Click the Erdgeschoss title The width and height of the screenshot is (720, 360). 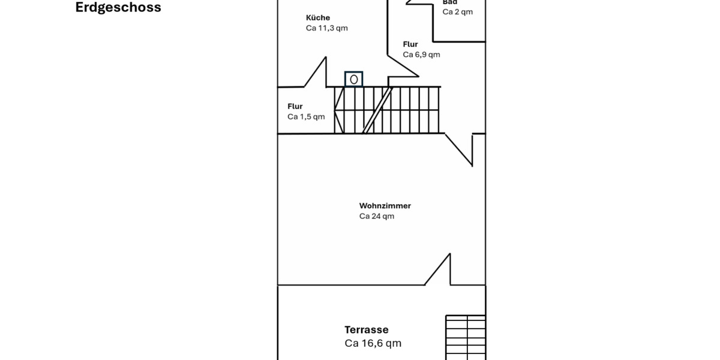(118, 8)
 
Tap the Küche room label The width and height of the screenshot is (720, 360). (318, 18)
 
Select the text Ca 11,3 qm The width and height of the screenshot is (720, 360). (326, 28)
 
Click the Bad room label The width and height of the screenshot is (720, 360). (450, 2)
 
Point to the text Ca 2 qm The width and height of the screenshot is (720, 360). (457, 12)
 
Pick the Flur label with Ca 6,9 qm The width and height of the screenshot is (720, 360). (410, 44)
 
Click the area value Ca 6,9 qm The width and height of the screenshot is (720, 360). (421, 55)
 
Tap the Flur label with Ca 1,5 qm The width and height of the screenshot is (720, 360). (295, 106)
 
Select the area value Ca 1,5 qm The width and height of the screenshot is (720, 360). (306, 116)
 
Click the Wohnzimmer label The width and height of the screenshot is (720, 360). (385, 206)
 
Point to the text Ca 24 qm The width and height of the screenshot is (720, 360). (377, 216)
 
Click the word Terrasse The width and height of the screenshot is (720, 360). (366, 329)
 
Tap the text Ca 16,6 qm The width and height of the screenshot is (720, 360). (373, 343)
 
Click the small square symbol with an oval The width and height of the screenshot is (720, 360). (354, 79)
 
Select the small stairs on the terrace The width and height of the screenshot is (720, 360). (465, 337)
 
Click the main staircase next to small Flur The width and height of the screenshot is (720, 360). (387, 110)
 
